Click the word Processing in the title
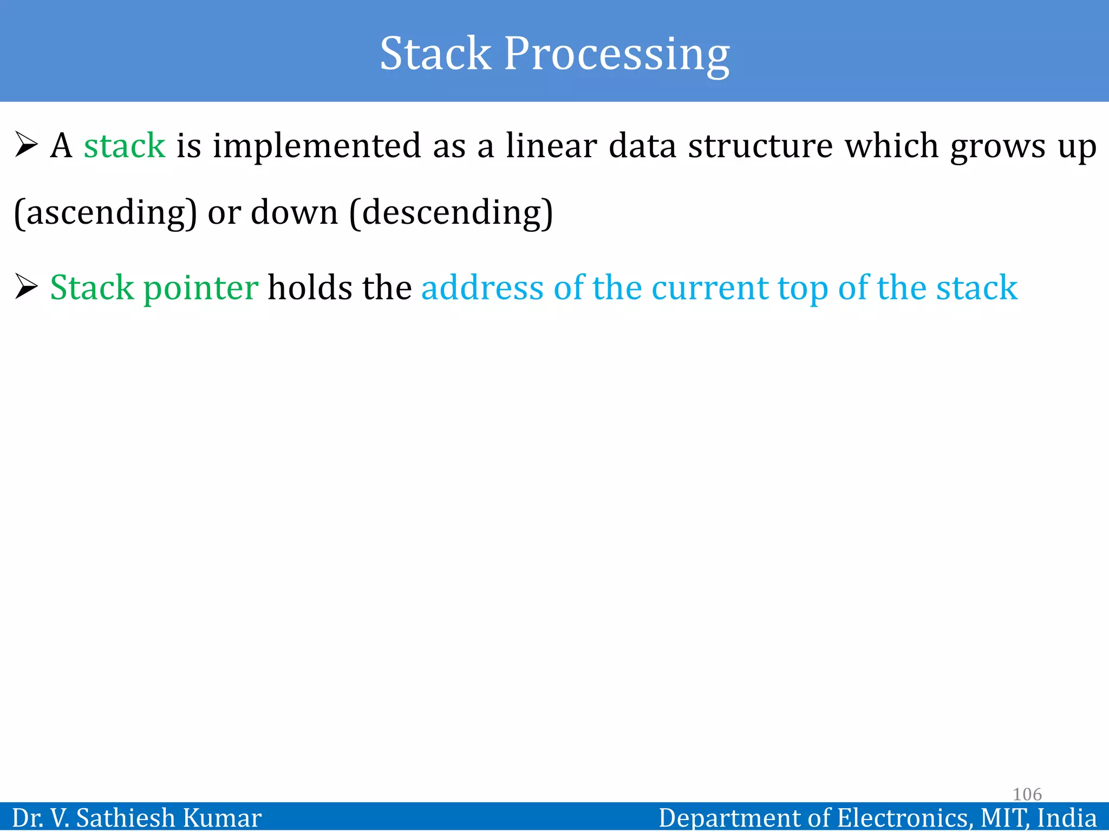617,54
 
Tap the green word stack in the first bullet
125,146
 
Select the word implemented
317,146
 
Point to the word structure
760,146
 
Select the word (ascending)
106,212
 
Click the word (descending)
452,212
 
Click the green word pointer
201,288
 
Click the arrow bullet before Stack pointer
26,287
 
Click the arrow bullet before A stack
26,145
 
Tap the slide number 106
1027,794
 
